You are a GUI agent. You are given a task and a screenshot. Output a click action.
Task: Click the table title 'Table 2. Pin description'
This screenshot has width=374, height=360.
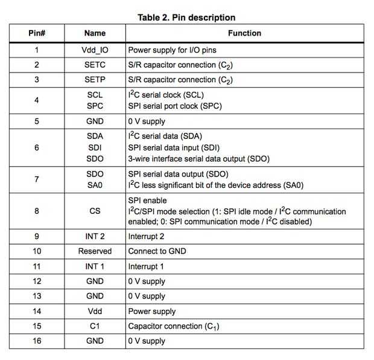pyautogui.click(x=186, y=18)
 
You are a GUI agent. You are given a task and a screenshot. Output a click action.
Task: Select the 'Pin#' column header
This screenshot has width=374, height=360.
pyautogui.click(x=37, y=33)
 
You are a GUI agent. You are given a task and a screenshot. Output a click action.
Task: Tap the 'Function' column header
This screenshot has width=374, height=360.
pyautogui.click(x=244, y=33)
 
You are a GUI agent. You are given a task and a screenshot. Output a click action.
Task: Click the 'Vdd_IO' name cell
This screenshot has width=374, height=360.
pyautogui.click(x=95, y=50)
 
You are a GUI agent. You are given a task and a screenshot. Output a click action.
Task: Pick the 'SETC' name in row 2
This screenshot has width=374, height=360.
pyautogui.click(x=95, y=65)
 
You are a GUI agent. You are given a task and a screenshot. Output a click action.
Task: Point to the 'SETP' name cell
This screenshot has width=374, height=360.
pyautogui.click(x=95, y=80)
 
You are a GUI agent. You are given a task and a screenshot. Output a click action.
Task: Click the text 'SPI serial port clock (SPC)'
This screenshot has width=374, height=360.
pyautogui.click(x=176, y=106)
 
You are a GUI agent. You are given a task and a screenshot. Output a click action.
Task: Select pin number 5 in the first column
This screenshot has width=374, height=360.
pyautogui.click(x=37, y=121)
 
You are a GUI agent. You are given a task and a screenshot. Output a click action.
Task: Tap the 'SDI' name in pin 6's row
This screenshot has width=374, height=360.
pyautogui.click(x=95, y=147)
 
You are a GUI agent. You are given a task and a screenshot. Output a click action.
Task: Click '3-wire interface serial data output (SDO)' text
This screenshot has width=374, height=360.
pyautogui.click(x=198, y=159)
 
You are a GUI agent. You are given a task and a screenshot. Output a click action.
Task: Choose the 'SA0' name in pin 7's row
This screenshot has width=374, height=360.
pyautogui.click(x=95, y=185)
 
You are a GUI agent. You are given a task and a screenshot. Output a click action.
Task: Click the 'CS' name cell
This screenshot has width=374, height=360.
pyautogui.click(x=95, y=211)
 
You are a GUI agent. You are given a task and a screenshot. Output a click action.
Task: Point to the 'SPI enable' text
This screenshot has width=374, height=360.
pyautogui.click(x=148, y=200)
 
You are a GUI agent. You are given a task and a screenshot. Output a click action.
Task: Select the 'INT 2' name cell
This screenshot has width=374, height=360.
pyautogui.click(x=95, y=236)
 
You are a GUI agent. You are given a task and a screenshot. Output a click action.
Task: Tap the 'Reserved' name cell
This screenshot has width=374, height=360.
pyautogui.click(x=95, y=251)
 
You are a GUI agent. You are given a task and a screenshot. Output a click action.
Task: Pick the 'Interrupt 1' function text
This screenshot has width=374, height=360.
pyautogui.click(x=146, y=266)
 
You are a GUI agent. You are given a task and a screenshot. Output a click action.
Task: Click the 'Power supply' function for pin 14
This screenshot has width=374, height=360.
pyautogui.click(x=152, y=311)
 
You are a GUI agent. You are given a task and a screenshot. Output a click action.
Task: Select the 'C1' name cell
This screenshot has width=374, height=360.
pyautogui.click(x=95, y=326)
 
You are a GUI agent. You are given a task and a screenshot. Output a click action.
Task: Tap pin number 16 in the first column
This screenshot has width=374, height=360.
pyautogui.click(x=37, y=341)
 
